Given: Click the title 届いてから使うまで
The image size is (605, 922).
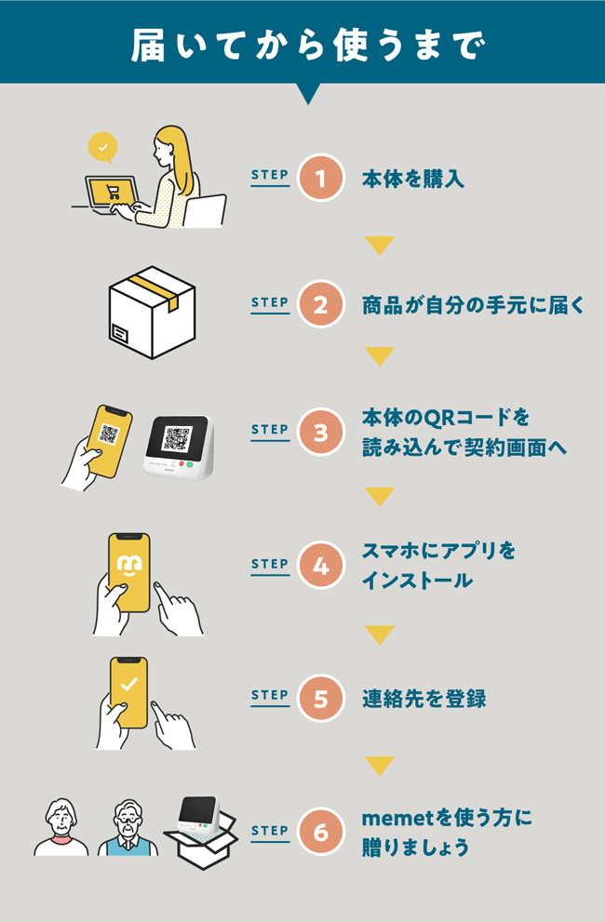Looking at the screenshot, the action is (x=308, y=46).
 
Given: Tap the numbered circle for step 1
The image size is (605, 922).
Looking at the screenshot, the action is (x=321, y=178).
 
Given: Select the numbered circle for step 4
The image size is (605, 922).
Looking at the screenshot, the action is (x=321, y=565).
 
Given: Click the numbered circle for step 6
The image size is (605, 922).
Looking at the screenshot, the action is (x=321, y=832).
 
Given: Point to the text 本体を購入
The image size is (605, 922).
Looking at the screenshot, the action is (x=413, y=179).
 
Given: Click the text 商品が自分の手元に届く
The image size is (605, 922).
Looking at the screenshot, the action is (x=473, y=305).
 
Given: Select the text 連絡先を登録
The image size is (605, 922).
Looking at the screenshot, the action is (x=424, y=699).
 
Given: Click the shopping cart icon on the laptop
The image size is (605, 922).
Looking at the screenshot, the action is (x=113, y=192).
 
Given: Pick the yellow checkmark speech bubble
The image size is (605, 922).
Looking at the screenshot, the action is (x=102, y=148).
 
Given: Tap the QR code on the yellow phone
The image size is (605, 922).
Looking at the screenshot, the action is (x=109, y=434).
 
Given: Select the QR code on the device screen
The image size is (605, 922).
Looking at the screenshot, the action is (x=178, y=438).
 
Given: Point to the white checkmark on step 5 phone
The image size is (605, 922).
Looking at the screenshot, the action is (x=128, y=685).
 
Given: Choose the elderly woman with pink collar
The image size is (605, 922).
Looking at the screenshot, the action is (x=61, y=827).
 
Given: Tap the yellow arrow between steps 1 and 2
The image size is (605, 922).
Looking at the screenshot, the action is (x=380, y=245).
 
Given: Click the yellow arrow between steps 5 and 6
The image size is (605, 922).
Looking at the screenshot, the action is (x=380, y=766).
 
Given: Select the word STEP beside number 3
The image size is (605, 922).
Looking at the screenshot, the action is (x=270, y=430).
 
